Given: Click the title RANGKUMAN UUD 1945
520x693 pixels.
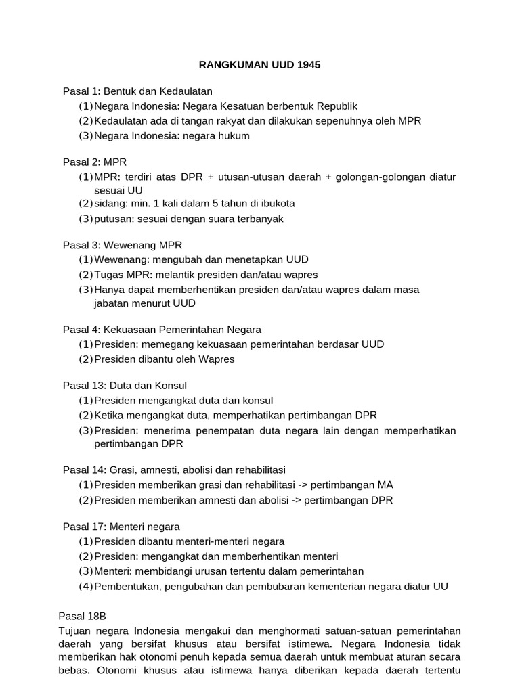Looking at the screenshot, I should pyautogui.click(x=259, y=66).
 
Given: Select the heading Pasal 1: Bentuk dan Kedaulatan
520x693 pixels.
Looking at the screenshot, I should pyautogui.click(x=137, y=91).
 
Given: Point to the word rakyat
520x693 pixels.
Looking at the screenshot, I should pyautogui.click(x=221, y=121).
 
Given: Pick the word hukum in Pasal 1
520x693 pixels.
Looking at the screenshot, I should pyautogui.click(x=234, y=136).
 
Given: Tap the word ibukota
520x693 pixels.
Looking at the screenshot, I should pyautogui.click(x=275, y=204).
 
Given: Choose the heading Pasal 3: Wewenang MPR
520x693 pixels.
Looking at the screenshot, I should pyautogui.click(x=123, y=244).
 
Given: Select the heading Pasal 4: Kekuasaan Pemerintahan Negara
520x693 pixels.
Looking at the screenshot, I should pyautogui.click(x=162, y=330).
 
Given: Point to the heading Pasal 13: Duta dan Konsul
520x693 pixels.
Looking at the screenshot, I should pyautogui.click(x=125, y=385).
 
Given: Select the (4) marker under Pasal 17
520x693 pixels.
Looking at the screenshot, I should pyautogui.click(x=85, y=586).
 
